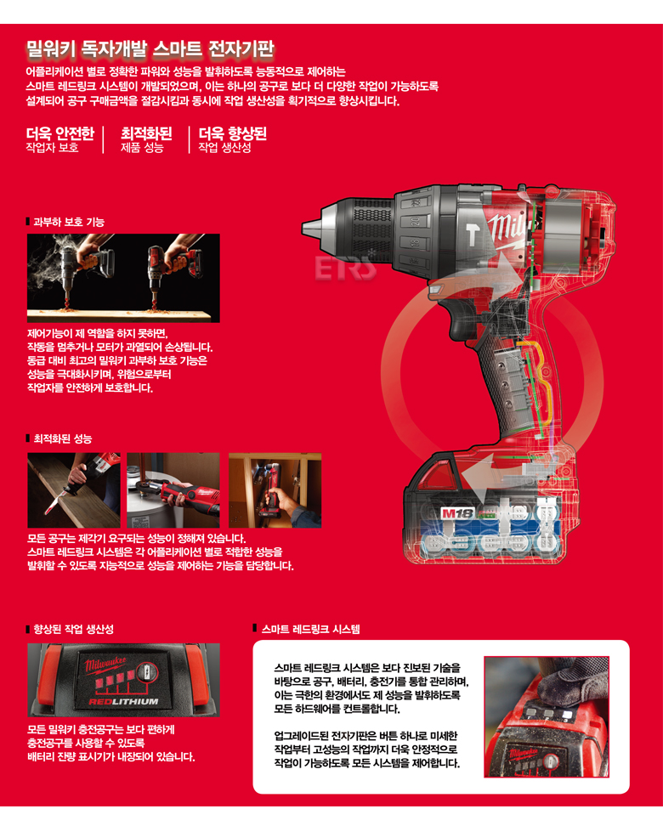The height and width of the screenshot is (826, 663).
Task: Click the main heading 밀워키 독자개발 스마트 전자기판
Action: [x=150, y=49]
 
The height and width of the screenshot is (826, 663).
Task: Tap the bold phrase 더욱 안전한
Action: [x=60, y=133]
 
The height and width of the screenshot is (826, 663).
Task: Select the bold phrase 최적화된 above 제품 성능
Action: [x=146, y=133]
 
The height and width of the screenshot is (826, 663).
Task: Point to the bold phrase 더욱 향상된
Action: [x=232, y=133]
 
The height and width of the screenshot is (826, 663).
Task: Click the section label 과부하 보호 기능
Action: [x=69, y=222]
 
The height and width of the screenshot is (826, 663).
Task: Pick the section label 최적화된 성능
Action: [x=63, y=438]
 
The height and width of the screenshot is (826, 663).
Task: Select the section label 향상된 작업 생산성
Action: [x=73, y=629]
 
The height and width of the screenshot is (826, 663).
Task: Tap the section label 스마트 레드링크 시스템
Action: [x=311, y=629]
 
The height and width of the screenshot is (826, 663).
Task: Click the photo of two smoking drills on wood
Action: [x=123, y=278]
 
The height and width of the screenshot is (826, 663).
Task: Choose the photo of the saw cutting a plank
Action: [x=74, y=490]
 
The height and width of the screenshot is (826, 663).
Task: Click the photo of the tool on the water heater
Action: [x=173, y=490]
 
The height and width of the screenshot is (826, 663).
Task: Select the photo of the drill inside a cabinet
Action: [x=275, y=490]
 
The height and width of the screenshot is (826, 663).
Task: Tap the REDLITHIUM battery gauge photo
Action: [x=123, y=680]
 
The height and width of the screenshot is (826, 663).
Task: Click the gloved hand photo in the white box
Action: [x=547, y=717]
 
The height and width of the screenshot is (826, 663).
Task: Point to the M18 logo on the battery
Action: [x=457, y=513]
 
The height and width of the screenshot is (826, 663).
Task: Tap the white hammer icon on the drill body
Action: [x=471, y=234]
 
